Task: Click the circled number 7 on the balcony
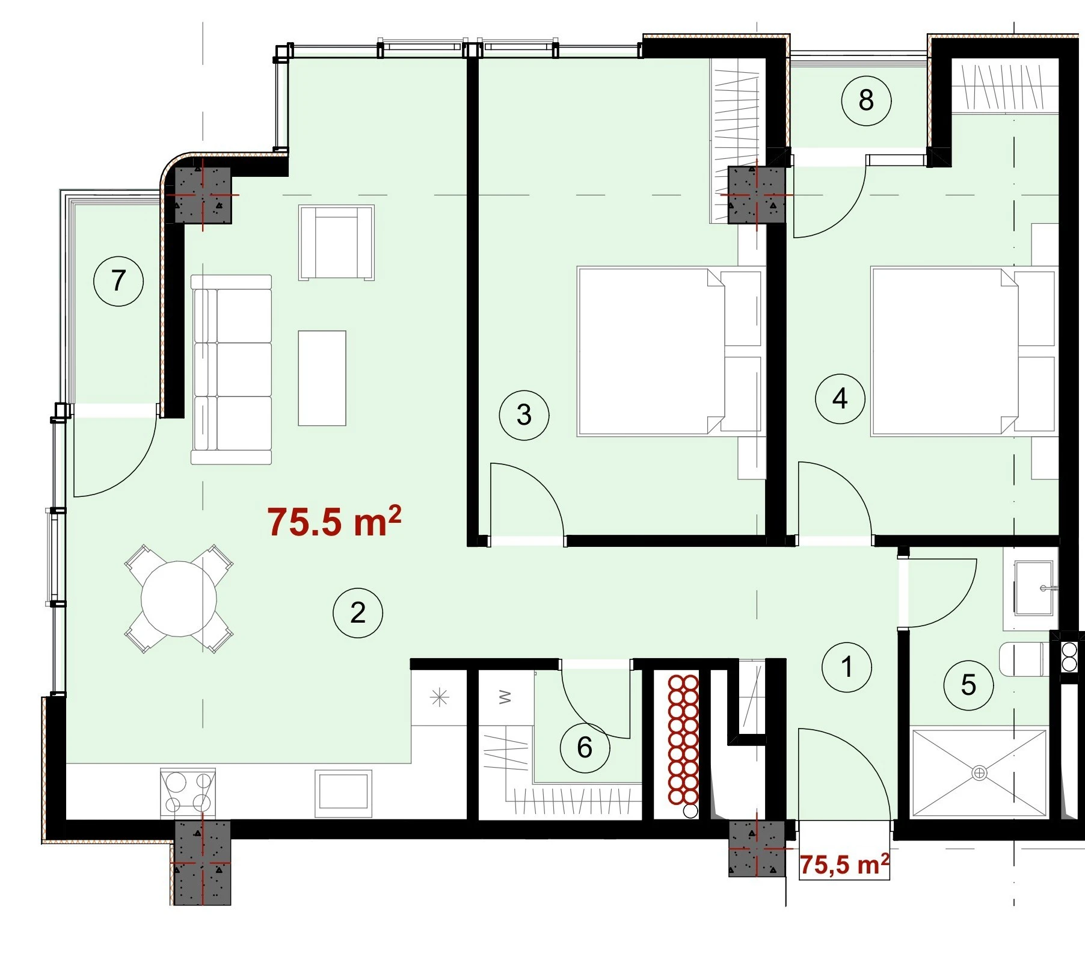118,281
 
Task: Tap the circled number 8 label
866,100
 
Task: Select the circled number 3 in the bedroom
524,415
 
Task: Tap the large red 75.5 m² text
334,521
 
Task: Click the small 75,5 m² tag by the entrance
844,865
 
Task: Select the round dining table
179,599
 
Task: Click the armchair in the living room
337,242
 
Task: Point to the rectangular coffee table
322,378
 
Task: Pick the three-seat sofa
232,370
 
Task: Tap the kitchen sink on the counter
343,792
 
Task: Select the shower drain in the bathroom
979,772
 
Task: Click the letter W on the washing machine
505,697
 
